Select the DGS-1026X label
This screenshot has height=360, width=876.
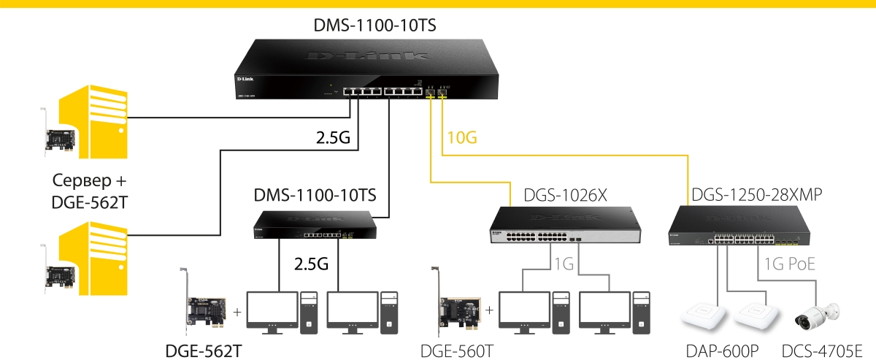565,196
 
